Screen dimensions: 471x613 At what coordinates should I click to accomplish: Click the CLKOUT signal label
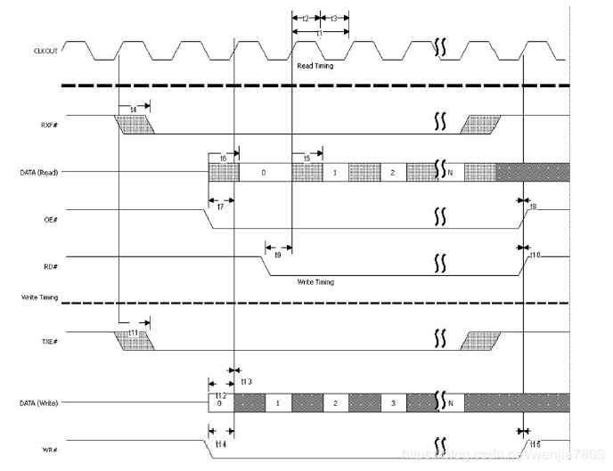[x=45, y=51]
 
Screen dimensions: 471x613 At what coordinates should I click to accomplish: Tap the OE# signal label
[x=52, y=212]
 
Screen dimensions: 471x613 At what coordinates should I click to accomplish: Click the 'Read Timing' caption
[x=316, y=66]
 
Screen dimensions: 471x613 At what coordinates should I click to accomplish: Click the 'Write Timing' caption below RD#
[x=316, y=281]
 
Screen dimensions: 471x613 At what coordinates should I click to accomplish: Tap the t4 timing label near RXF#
[x=134, y=109]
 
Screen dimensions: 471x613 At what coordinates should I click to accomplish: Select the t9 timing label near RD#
[x=277, y=256]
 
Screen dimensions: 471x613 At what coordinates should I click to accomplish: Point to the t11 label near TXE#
[x=134, y=332]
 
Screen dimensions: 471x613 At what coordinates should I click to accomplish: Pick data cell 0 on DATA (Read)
[x=264, y=172]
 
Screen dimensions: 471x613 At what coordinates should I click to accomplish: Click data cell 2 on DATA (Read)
[x=393, y=172]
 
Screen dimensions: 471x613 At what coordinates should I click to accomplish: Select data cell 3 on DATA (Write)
[x=393, y=403]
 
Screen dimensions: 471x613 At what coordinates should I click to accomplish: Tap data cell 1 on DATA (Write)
[x=278, y=403]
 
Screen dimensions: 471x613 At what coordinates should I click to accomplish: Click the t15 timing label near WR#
[x=535, y=443]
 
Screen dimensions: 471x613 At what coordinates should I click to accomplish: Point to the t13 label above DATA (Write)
[x=245, y=381]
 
